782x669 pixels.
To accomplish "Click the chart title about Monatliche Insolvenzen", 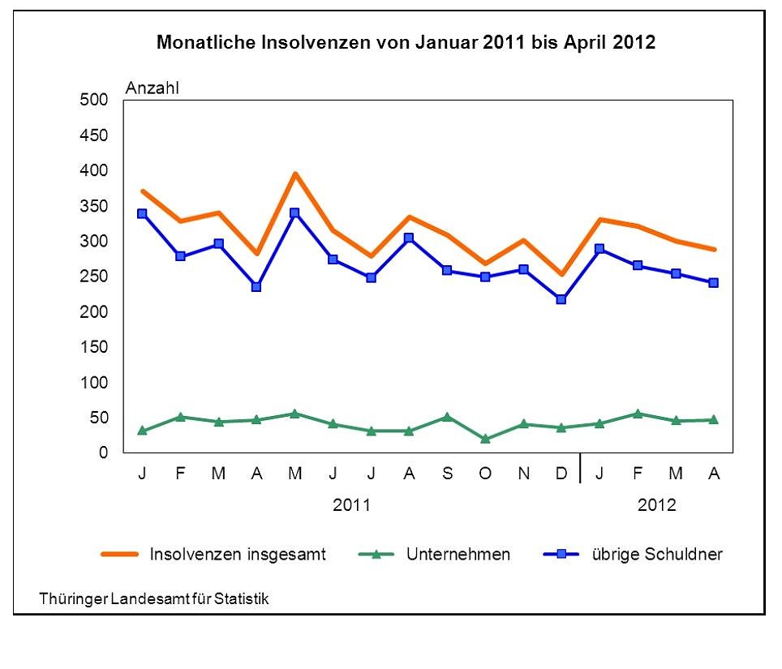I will [x=406, y=43].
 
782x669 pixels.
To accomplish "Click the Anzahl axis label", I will [x=152, y=88].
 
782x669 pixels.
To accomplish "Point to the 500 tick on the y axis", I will [x=93, y=100].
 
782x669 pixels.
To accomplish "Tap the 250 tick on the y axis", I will [x=93, y=277].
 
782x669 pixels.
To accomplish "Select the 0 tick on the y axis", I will [x=103, y=452].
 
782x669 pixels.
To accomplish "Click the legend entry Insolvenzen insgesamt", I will [x=237, y=555].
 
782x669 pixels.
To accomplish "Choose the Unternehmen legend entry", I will [x=458, y=555].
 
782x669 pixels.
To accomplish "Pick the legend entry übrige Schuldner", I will [x=655, y=555].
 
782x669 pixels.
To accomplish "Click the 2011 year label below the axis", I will [x=352, y=504].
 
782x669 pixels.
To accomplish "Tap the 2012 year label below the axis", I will [x=656, y=504].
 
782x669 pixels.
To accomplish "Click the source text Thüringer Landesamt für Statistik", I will [x=153, y=598].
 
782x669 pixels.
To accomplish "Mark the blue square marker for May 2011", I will [x=294, y=213].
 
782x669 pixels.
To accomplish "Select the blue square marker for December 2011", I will [x=561, y=299].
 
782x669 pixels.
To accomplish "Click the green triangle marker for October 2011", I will [x=485, y=439].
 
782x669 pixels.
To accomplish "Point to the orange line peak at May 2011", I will [x=294, y=173].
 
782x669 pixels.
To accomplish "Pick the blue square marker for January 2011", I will [x=142, y=213].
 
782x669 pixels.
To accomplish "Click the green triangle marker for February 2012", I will [x=638, y=414].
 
